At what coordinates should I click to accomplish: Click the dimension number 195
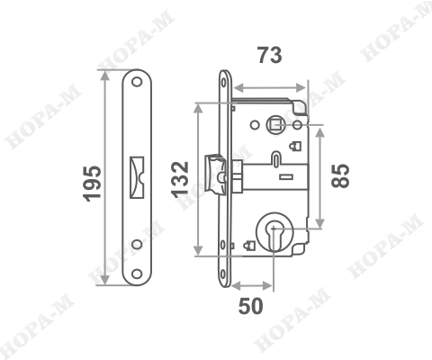92,183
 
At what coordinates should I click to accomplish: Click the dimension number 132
180,180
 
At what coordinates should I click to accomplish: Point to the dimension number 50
251,306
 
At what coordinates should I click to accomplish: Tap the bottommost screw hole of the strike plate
137,273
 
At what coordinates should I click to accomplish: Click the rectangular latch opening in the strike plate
137,173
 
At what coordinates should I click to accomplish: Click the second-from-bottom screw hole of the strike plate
137,243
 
